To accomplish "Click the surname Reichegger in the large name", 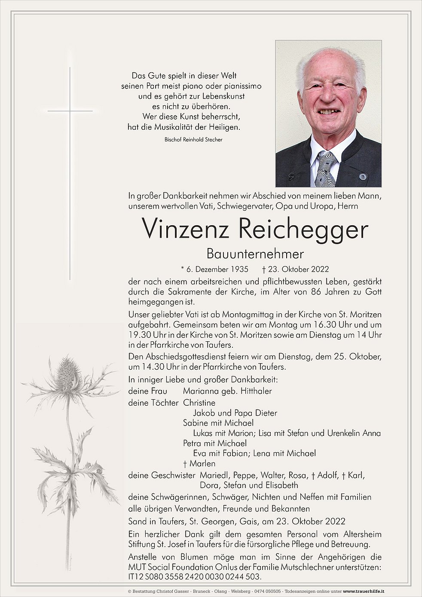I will point(303,230).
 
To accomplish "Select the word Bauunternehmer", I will point(255,254).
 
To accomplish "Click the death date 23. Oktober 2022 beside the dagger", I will point(298,269).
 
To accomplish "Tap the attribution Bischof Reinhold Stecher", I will point(193,140).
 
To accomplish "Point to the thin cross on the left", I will point(70,172).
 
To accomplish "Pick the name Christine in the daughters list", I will point(199,403).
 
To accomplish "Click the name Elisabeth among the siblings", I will point(281,485).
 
